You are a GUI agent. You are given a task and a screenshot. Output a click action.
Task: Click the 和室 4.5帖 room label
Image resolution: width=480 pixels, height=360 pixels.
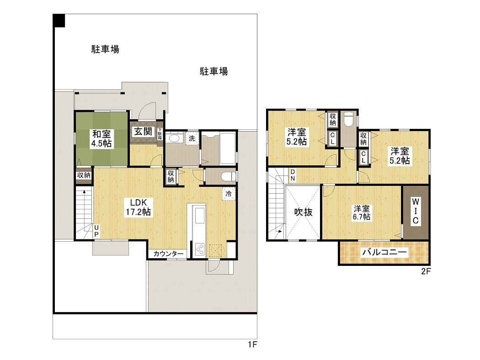coord(102,138)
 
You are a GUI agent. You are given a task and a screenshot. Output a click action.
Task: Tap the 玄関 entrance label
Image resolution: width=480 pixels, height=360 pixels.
coord(143,132)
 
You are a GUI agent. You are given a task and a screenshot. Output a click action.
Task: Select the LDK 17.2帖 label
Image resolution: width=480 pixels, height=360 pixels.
coord(139,207)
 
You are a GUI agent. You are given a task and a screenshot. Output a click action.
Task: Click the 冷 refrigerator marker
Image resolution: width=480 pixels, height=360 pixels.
coord(229,194)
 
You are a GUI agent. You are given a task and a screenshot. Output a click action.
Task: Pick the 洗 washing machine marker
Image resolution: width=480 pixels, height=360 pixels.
coord(192,138)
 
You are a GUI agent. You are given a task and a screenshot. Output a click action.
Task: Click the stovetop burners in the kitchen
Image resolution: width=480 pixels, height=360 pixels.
coord(200,249)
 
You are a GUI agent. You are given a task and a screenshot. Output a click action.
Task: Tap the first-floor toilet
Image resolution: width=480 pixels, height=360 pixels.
coord(229,177)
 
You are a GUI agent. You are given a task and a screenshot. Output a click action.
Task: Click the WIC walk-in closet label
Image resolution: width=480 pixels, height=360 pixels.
coord(415,211)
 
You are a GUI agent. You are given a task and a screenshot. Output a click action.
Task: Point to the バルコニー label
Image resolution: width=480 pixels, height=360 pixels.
coord(384,253)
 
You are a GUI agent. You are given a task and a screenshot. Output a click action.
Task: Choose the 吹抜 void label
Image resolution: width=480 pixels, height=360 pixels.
coord(304,212)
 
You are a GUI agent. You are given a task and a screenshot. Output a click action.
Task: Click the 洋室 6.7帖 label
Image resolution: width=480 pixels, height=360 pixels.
coord(362,212)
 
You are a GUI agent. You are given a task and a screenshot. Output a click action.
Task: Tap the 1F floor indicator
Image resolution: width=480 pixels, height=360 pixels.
coord(252,345)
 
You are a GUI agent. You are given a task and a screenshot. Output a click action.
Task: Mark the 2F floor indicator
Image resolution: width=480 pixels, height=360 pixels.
coord(426,271)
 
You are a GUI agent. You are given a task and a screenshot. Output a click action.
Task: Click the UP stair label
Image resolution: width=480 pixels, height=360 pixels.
coord(96,231)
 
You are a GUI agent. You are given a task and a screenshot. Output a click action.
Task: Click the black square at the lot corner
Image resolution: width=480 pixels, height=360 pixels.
coord(59,21)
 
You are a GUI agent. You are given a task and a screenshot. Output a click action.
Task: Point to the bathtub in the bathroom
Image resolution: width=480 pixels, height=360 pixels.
coord(228,148)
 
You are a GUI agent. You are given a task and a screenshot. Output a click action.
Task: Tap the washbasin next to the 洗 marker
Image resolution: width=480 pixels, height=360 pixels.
coord(174,138)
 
